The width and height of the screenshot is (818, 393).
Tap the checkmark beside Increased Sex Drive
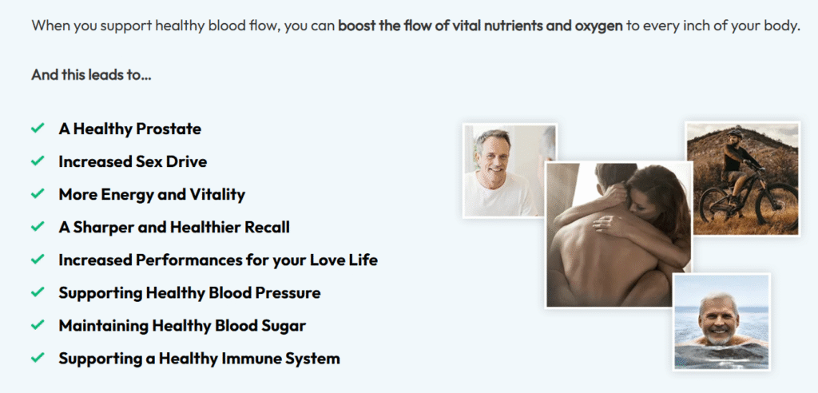coord(38,161)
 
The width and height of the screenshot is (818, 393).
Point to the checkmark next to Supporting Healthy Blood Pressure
coord(38,292)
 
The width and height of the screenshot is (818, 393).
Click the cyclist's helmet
coord(735,133)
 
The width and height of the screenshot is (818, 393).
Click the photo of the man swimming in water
coord(721,321)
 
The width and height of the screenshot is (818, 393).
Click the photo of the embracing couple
coord(619,234)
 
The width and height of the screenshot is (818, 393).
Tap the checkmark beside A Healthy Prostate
coord(38,129)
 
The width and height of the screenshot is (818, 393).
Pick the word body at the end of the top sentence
coord(783,26)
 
